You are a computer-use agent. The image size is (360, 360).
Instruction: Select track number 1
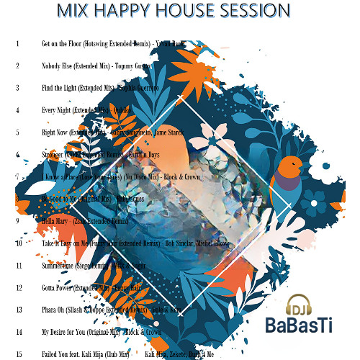coord(17,43)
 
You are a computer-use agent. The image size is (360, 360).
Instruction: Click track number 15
coord(18,354)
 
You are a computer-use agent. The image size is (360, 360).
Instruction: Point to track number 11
coord(18,266)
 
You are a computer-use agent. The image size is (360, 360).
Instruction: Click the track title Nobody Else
coord(58,66)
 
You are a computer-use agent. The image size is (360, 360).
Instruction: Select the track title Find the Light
coord(61,88)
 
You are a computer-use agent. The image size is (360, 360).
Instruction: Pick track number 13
coord(18,310)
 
